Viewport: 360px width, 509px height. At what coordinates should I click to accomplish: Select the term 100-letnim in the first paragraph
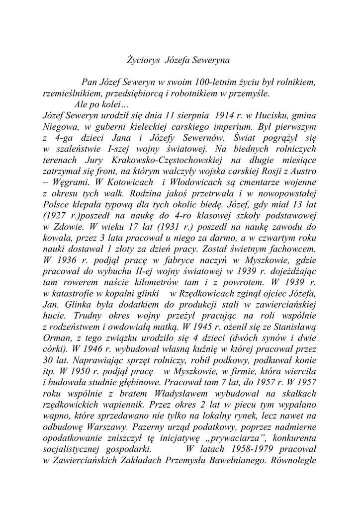click(x=215, y=82)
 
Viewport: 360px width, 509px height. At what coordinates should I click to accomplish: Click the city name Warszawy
click(x=108, y=428)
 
